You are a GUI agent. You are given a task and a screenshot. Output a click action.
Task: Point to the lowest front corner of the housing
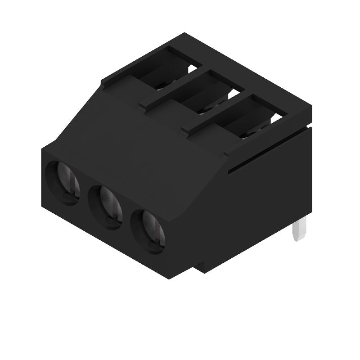click(x=169, y=279)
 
